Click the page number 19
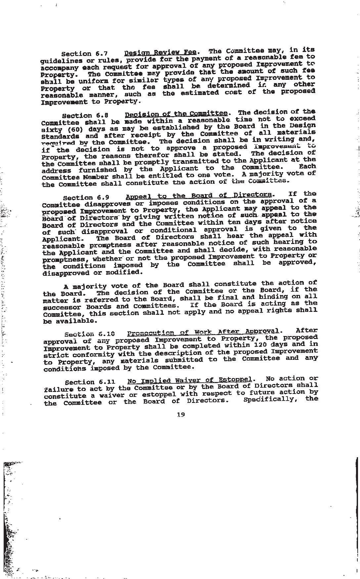click(x=181, y=414)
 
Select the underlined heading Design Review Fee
click(x=160, y=52)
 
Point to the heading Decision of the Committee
click(x=176, y=114)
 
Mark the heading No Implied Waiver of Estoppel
click(x=190, y=380)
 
